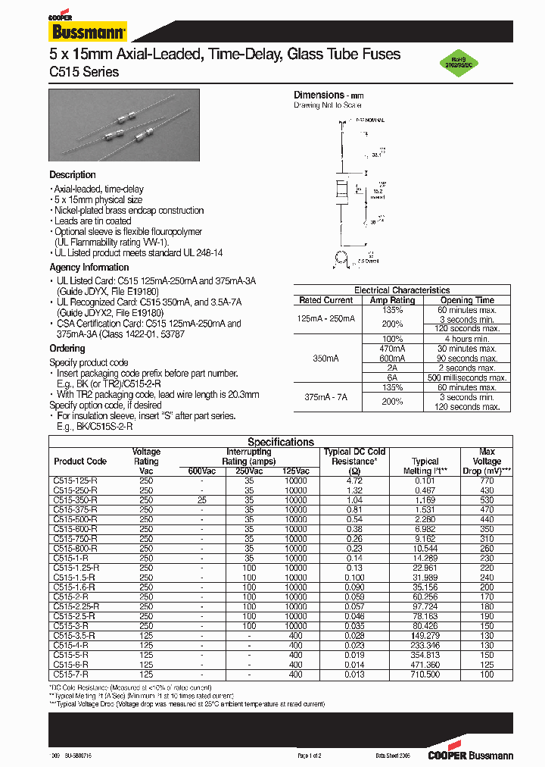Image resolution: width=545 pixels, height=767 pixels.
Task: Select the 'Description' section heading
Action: point(73,175)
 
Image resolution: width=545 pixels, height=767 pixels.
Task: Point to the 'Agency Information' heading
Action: point(89,268)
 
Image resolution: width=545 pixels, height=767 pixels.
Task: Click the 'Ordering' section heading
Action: point(67,349)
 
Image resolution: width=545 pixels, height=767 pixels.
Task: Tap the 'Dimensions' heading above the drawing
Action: point(319,95)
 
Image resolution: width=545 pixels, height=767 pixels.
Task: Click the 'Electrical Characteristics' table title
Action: point(402,290)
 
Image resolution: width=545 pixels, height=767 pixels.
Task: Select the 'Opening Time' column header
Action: point(467,300)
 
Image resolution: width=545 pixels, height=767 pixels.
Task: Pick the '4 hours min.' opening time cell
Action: point(467,339)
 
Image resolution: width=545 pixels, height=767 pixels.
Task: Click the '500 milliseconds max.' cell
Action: point(467,377)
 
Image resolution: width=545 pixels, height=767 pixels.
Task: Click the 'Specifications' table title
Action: point(281,442)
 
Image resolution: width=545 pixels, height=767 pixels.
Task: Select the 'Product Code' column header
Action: point(80,461)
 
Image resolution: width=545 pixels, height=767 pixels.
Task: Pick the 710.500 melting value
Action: point(425,675)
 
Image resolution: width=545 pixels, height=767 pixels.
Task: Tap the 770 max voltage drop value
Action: point(487,481)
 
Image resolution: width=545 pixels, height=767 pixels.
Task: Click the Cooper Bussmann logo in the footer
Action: point(470,756)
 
